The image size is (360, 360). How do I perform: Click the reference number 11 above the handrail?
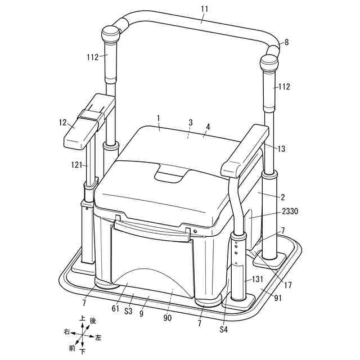pyautogui.click(x=204, y=9)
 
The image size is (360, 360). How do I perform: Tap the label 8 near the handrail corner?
pyautogui.click(x=286, y=42)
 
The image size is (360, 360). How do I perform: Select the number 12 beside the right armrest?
pyautogui.click(x=62, y=123)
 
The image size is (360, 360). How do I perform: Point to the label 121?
pyautogui.click(x=76, y=165)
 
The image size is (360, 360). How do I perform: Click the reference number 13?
pyautogui.click(x=281, y=148)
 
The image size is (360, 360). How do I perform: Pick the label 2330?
pyautogui.click(x=290, y=211)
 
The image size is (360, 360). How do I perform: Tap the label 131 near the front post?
pyautogui.click(x=258, y=279)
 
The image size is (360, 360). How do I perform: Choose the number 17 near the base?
pyautogui.click(x=287, y=285)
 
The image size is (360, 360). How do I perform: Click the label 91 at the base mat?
pyautogui.click(x=277, y=298)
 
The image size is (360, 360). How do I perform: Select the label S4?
pyautogui.click(x=223, y=330)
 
